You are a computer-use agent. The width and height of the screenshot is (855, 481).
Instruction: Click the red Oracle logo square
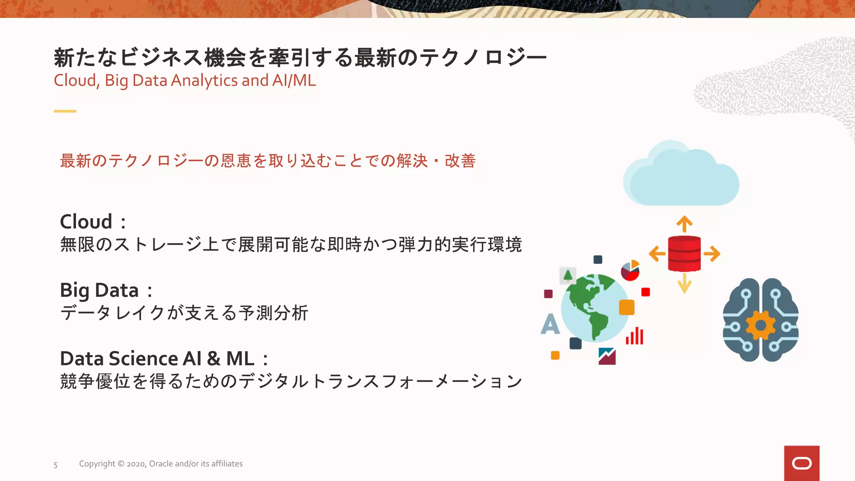802,463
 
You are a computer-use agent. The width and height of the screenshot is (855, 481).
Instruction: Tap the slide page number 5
56,465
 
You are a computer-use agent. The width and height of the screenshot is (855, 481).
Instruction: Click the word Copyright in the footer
97,464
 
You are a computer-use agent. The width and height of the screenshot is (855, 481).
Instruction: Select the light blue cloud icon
681,175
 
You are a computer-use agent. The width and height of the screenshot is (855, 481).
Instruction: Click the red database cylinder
684,253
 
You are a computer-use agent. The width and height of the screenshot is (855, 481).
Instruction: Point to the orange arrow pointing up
684,224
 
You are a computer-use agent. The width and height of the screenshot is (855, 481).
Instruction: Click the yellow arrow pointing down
684,284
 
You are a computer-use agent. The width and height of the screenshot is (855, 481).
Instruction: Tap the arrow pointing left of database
657,253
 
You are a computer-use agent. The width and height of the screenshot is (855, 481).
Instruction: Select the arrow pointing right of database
711,253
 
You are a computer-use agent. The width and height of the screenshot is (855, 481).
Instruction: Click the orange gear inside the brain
761,325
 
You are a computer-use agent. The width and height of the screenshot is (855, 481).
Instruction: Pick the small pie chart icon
630,271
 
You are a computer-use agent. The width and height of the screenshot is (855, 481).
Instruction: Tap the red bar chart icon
635,336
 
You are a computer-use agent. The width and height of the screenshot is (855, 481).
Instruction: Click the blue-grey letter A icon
550,324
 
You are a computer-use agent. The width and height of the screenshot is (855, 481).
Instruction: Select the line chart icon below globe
607,356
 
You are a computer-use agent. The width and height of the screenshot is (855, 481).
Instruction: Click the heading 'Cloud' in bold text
86,221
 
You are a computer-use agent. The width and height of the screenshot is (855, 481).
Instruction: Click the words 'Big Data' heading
99,290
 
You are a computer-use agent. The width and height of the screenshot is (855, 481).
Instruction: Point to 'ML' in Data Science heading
240,358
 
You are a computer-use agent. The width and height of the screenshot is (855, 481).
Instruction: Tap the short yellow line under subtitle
65,111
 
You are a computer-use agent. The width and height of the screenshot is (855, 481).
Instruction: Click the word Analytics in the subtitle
204,80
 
